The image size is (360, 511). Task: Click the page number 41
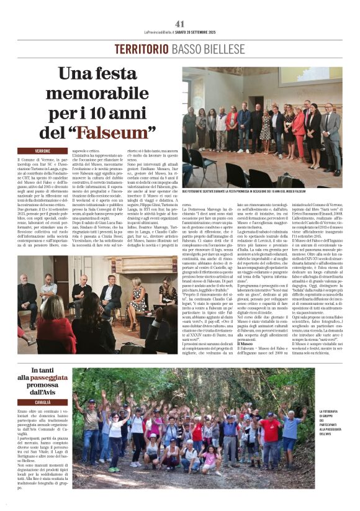coord(180,24)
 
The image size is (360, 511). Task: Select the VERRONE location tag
coord(42,151)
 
